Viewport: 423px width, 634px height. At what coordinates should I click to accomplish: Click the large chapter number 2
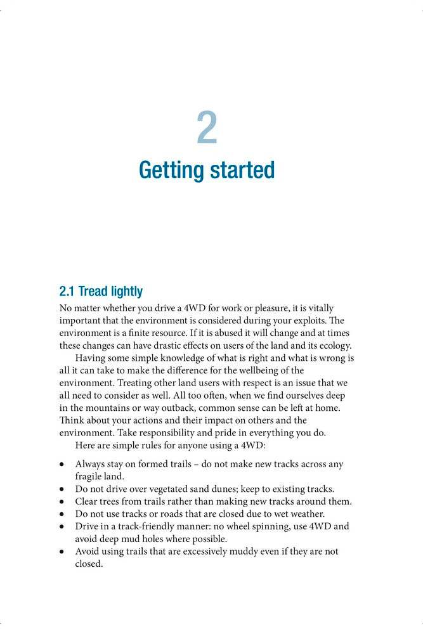[207, 127]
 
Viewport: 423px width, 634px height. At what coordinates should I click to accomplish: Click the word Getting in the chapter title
[169, 171]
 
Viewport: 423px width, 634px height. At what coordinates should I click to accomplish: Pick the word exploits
[315, 320]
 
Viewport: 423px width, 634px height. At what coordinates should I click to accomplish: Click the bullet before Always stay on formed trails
[62, 464]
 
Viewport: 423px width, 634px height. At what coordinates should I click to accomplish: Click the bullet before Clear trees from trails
[62, 501]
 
